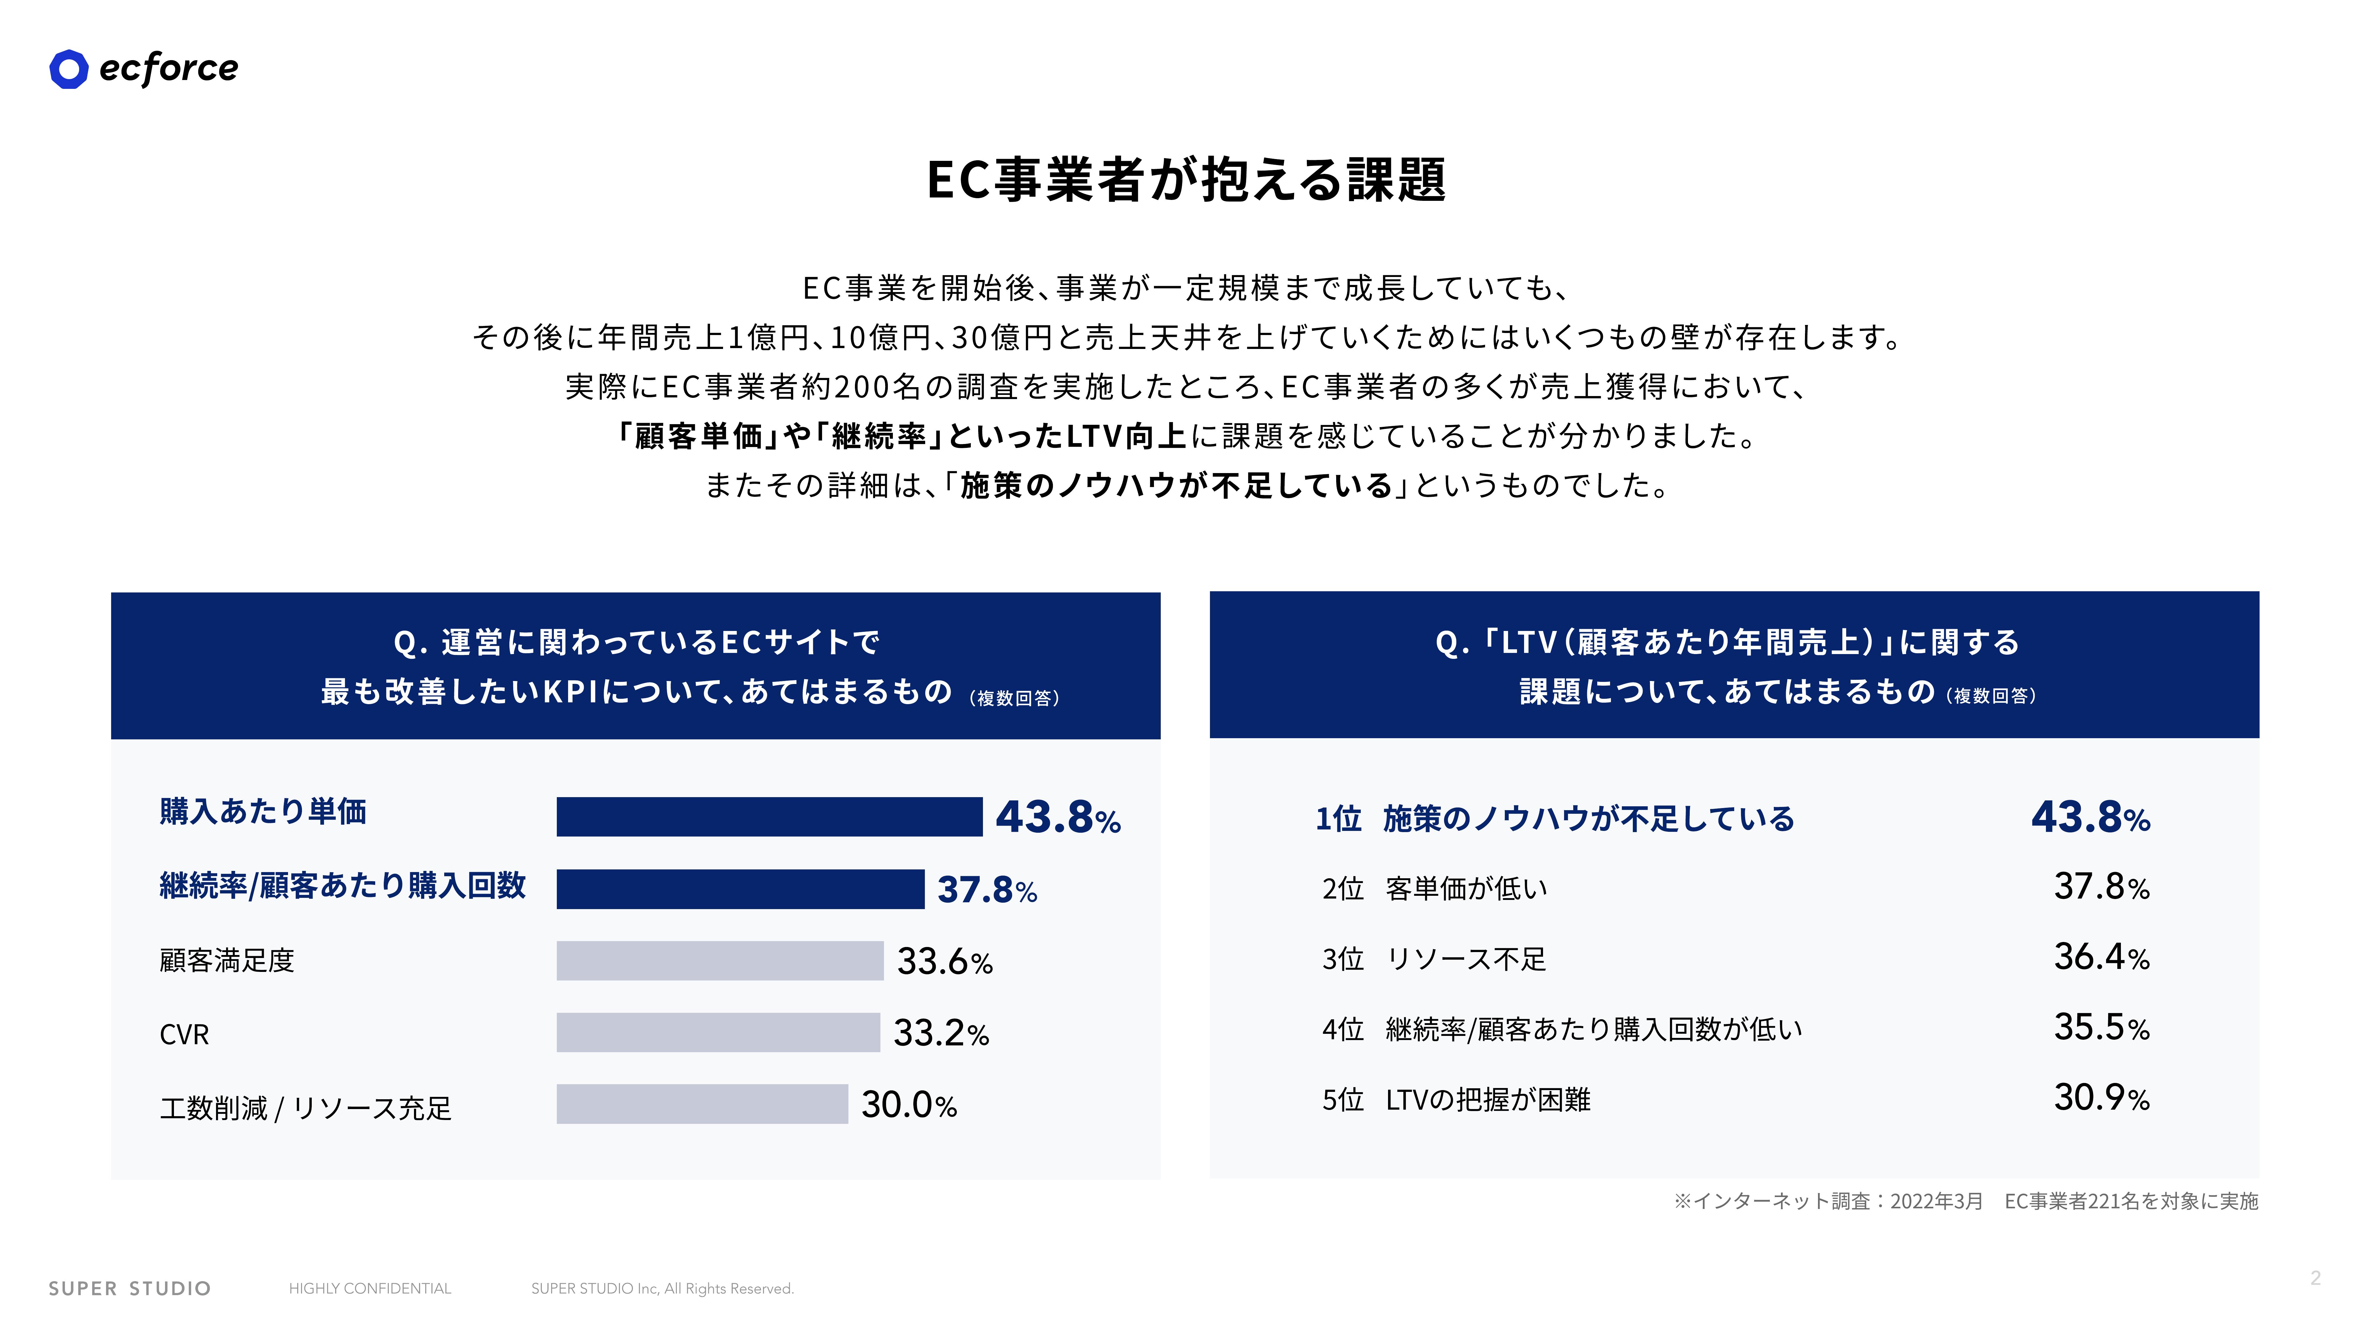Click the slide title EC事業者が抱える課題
[x=1185, y=180]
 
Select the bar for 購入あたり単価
[x=770, y=817]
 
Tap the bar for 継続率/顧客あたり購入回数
[x=740, y=889]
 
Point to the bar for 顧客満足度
[x=720, y=960]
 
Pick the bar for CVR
[x=718, y=1032]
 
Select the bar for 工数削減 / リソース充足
[x=702, y=1104]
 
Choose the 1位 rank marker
[x=1338, y=818]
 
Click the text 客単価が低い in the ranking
[x=1466, y=889]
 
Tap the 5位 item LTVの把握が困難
[x=1488, y=1099]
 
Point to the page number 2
[x=2316, y=1278]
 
